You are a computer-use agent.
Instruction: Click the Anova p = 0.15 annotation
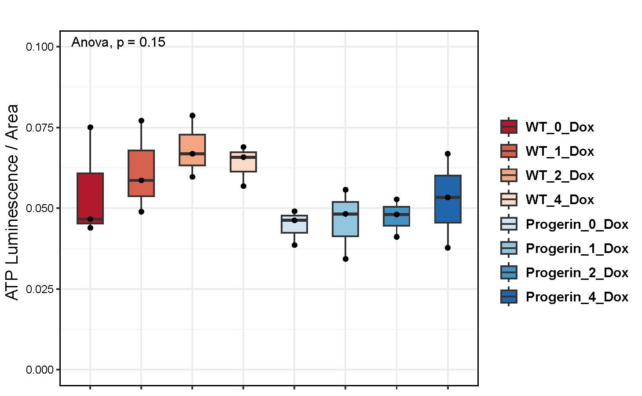[118, 42]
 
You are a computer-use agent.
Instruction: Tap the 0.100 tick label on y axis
[40, 47]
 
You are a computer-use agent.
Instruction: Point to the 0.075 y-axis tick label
[40, 128]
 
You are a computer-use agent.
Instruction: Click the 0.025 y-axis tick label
[40, 289]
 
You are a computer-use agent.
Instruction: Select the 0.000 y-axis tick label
[40, 370]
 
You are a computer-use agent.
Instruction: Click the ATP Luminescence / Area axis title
[13, 202]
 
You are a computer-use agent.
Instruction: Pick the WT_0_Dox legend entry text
[560, 127]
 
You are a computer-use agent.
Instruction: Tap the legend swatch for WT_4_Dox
[509, 199]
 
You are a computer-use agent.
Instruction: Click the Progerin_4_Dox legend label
[577, 297]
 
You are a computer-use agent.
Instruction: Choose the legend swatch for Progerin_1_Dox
[509, 248]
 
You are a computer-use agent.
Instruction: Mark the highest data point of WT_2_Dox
[192, 116]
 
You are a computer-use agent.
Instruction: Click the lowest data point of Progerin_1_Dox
[345, 259]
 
